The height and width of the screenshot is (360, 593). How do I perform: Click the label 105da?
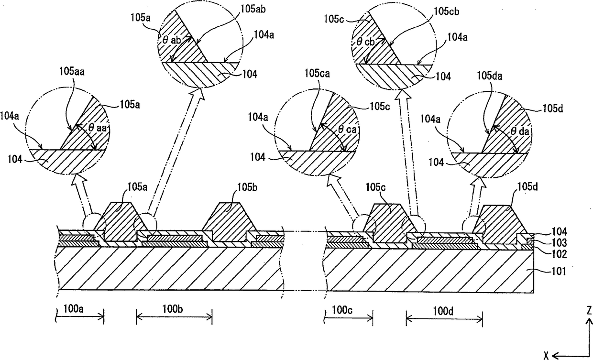tap(490, 75)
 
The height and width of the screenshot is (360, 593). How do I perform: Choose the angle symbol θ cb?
tap(366, 42)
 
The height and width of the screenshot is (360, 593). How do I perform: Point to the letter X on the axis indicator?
tap(546, 354)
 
